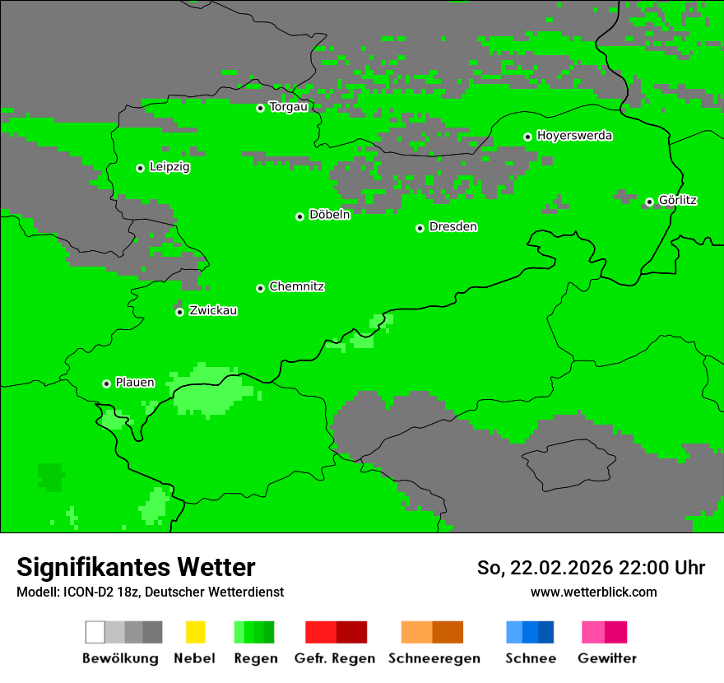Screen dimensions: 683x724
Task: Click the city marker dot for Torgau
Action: tap(260, 108)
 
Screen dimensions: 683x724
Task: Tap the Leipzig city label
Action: tap(169, 167)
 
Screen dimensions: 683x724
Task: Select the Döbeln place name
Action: tap(329, 215)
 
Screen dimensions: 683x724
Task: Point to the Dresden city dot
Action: tap(420, 228)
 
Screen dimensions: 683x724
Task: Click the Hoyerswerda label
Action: tap(574, 136)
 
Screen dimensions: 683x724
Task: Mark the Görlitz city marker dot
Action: tap(649, 202)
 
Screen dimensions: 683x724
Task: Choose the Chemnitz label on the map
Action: tap(296, 287)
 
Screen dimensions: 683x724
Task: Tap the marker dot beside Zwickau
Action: tap(179, 312)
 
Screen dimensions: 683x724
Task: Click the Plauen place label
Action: tap(135, 383)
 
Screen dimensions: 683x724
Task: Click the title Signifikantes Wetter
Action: tap(136, 567)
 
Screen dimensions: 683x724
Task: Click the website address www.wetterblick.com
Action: tap(593, 592)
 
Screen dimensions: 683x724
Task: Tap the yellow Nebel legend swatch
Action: tap(195, 632)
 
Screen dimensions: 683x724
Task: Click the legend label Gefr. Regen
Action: tap(335, 658)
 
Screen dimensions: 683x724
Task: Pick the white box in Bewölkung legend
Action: tap(95, 632)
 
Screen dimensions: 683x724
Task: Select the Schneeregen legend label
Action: tap(434, 658)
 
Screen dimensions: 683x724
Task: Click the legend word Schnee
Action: tap(530, 658)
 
